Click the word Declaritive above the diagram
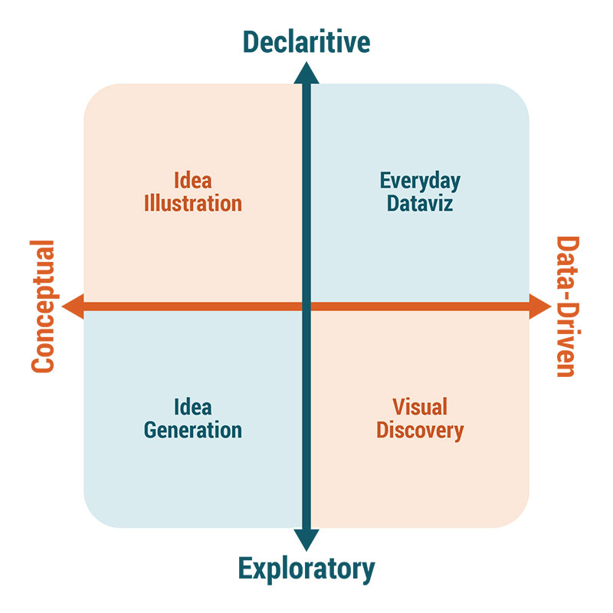coord(306,41)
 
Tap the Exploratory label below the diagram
coord(306,569)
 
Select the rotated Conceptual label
coord(44,306)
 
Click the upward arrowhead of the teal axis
coord(306,72)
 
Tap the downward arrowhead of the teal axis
coord(306,539)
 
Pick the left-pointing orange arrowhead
coord(73,307)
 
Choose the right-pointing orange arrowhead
coord(540,307)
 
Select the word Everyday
coord(420,182)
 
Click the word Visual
coord(420,407)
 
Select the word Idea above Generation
coord(192,407)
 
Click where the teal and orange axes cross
coord(306,307)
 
